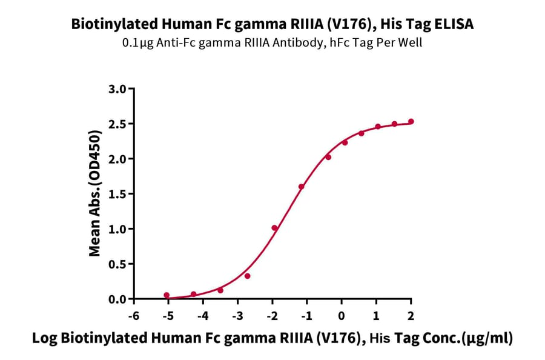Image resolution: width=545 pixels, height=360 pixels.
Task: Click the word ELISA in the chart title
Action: tap(452, 24)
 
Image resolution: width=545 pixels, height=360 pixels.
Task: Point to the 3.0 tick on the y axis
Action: tap(118, 89)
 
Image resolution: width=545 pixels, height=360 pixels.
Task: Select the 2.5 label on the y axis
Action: tap(118, 124)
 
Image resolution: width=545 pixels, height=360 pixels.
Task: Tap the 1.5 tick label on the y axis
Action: tap(118, 194)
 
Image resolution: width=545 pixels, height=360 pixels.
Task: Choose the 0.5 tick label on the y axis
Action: tap(118, 264)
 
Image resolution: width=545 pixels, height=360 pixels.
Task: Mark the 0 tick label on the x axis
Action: tap(342, 315)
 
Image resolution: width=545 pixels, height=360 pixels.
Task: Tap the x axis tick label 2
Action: tap(411, 315)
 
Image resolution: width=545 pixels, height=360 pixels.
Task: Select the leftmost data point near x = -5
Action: tap(167, 295)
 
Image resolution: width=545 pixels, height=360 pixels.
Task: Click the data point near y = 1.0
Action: tap(274, 228)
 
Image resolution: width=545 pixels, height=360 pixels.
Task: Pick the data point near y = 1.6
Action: tap(301, 187)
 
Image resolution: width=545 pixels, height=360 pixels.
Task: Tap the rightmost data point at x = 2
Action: tap(411, 122)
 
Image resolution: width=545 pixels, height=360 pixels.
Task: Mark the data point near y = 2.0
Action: tap(328, 157)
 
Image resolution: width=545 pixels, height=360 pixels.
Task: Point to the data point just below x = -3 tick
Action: tap(248, 276)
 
